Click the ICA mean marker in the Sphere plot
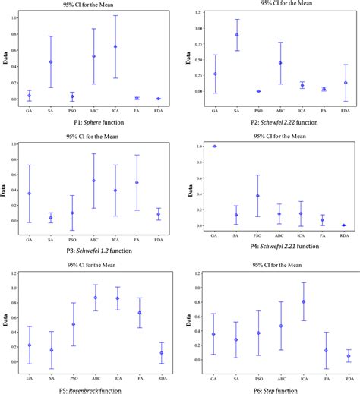pos(115,47)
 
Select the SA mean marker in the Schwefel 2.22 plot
pos(237,35)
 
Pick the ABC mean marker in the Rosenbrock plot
pos(94,298)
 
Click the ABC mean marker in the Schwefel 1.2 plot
pos(93,181)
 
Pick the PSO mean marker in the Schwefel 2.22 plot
pos(258,91)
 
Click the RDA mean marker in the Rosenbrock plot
pos(161,352)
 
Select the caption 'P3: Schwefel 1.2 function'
pos(89,247)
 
